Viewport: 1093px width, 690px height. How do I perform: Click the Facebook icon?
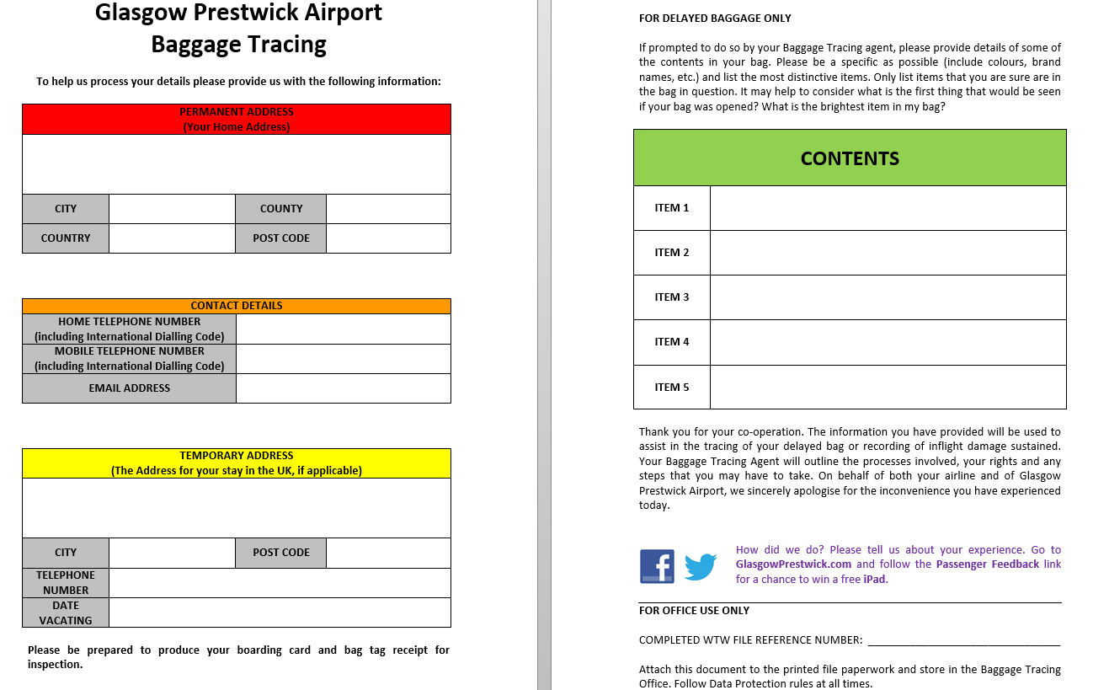(657, 566)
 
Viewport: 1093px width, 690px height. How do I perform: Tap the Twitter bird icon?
(700, 566)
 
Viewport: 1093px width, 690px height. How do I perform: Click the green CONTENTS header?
(850, 158)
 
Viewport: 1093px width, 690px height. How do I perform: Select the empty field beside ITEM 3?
(888, 297)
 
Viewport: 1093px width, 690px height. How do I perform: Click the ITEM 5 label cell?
(672, 387)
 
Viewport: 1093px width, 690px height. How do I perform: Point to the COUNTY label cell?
(281, 209)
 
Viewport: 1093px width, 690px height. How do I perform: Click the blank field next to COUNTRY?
(172, 238)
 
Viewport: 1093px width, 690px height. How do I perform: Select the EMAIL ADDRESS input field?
(343, 388)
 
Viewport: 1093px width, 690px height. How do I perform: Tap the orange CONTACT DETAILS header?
(237, 306)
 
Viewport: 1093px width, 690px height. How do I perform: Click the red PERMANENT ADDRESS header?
(237, 119)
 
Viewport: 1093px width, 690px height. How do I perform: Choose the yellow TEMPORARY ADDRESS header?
(237, 463)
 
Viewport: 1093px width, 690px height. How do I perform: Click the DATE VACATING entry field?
(280, 612)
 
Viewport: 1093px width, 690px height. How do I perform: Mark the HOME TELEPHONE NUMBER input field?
(343, 329)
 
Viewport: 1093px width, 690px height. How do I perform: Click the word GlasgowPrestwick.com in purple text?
(793, 564)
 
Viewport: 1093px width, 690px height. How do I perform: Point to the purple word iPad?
(875, 580)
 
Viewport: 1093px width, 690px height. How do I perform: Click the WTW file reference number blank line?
(963, 641)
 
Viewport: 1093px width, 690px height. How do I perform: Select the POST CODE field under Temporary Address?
(388, 553)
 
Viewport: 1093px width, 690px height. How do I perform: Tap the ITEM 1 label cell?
(672, 207)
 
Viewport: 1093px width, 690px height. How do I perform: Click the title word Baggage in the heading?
(195, 44)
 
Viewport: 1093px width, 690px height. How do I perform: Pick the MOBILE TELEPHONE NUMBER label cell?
(130, 359)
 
